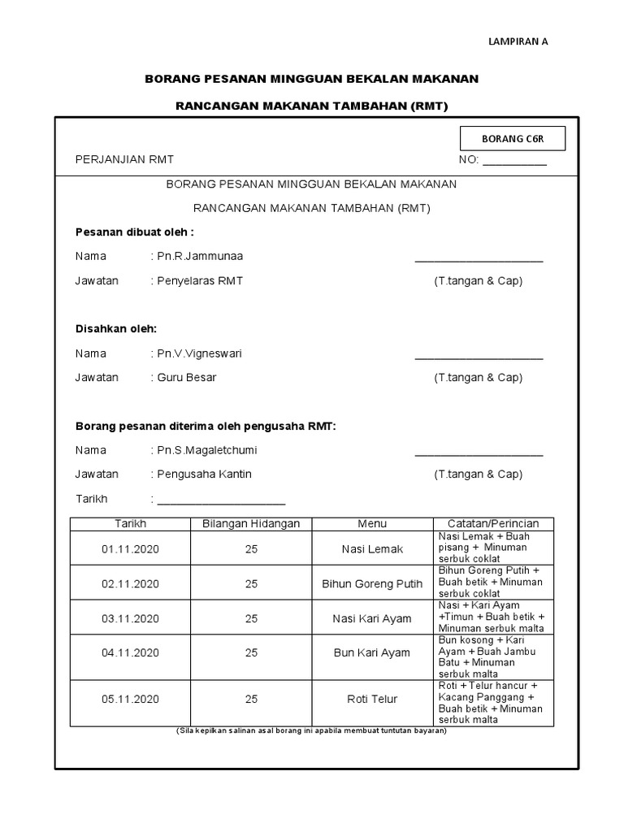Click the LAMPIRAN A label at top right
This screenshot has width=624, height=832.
[x=518, y=43]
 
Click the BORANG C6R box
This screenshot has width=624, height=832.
[x=513, y=139]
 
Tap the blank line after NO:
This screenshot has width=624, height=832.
[x=515, y=160]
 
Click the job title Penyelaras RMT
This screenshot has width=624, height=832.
[x=200, y=281]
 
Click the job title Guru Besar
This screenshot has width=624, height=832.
[x=187, y=378]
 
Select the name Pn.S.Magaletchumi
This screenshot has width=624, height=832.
[x=207, y=450]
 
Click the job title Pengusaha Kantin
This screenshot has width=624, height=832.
[x=204, y=474]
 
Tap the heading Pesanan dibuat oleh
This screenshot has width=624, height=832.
[x=135, y=232]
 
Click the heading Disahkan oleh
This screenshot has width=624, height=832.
[x=116, y=328]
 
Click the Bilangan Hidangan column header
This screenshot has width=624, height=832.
[x=251, y=524]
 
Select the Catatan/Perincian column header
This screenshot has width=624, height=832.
[x=493, y=524]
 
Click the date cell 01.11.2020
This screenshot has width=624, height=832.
[x=130, y=549]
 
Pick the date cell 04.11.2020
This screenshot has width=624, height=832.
[x=130, y=653]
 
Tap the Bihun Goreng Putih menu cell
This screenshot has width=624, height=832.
[x=372, y=584]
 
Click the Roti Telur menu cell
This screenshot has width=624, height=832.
[x=372, y=699]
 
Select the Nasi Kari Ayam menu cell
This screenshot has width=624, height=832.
[x=372, y=619]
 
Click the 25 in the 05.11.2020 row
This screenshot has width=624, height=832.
[x=251, y=699]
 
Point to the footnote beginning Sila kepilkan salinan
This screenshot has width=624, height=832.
[x=311, y=730]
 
